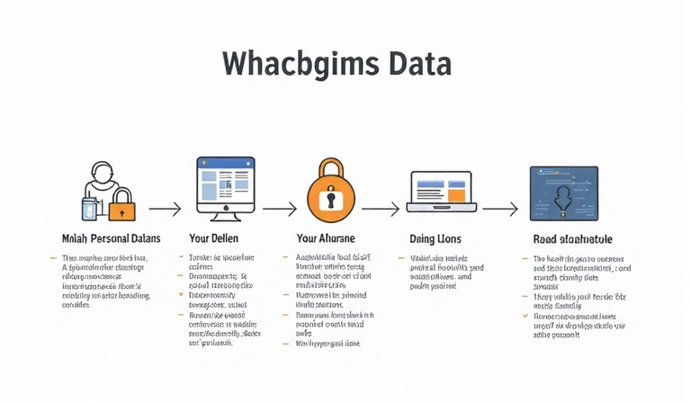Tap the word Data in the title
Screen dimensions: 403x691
click(x=417, y=65)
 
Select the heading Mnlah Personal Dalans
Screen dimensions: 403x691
click(x=112, y=238)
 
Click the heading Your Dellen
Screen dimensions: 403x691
click(x=212, y=238)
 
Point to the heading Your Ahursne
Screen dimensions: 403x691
click(x=325, y=238)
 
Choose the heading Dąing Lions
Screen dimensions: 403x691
click(x=436, y=238)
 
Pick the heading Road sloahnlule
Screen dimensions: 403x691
click(x=560, y=238)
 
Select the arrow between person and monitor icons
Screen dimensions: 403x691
click(x=165, y=209)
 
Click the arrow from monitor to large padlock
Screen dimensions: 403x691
click(x=279, y=209)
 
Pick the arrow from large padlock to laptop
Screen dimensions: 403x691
click(x=381, y=209)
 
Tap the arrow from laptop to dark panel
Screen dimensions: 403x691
click(x=500, y=209)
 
